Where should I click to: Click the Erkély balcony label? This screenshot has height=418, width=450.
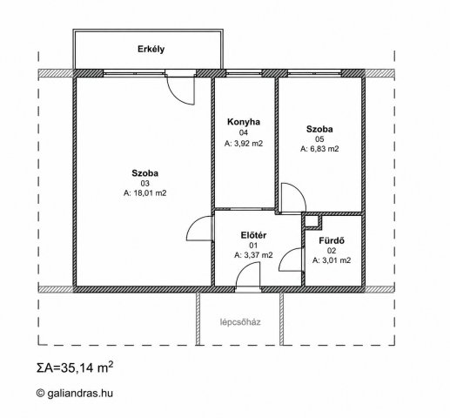(151, 49)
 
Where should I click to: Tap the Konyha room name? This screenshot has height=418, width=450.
(244, 122)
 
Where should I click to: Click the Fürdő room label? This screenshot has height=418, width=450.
(332, 240)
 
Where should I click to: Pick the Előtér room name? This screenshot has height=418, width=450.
(253, 235)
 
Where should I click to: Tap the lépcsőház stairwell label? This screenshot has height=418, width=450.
(240, 322)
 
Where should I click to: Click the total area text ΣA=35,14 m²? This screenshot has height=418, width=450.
(75, 367)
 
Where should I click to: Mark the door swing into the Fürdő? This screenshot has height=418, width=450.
(286, 255)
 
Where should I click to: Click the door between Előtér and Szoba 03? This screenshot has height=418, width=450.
(194, 225)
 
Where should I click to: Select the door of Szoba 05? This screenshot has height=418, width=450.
(299, 192)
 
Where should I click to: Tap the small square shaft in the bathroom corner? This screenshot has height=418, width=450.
(312, 221)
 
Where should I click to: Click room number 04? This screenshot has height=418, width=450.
(244, 132)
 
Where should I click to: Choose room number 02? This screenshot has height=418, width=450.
(332, 251)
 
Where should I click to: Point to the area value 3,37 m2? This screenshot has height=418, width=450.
(253, 255)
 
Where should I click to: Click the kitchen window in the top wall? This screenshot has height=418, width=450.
(244, 73)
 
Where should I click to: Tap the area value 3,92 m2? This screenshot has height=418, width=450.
(244, 144)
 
